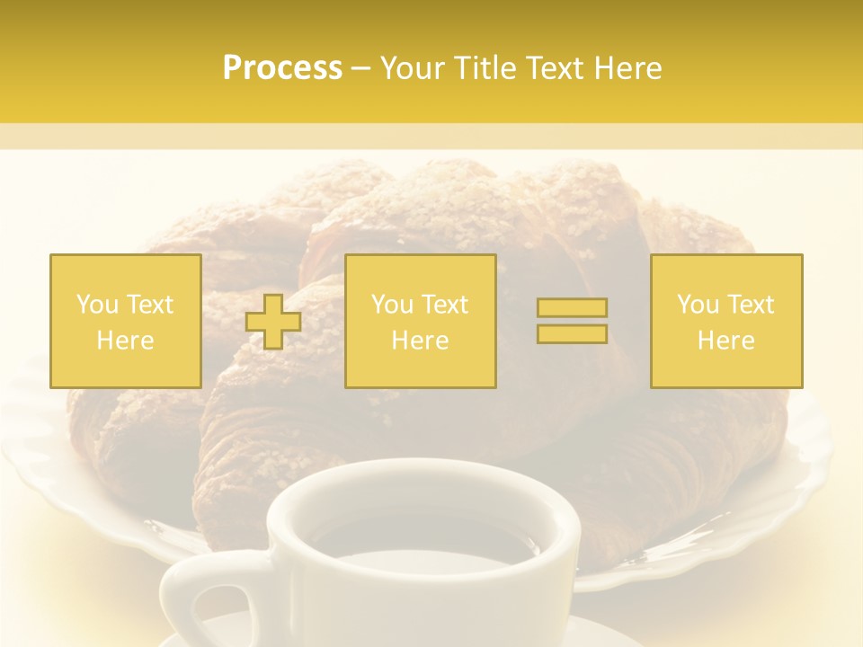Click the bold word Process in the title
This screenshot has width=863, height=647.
click(x=282, y=68)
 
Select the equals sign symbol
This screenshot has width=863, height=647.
click(x=572, y=321)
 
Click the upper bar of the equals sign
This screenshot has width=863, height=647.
click(x=572, y=308)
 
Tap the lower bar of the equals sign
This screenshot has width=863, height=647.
click(x=572, y=333)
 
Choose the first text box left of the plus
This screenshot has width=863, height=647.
click(x=125, y=321)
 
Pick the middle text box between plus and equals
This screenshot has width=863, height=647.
click(x=420, y=321)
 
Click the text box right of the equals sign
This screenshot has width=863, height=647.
click(x=725, y=321)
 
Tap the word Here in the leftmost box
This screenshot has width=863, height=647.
click(x=125, y=341)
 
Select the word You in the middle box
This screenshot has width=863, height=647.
click(x=392, y=305)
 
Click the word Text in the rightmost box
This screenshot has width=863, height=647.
click(x=751, y=305)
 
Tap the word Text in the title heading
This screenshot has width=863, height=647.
click(x=556, y=68)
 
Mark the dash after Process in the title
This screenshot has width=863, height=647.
click(x=360, y=68)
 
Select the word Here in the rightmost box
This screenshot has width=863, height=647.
click(x=725, y=341)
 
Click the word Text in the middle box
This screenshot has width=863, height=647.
click(x=445, y=305)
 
